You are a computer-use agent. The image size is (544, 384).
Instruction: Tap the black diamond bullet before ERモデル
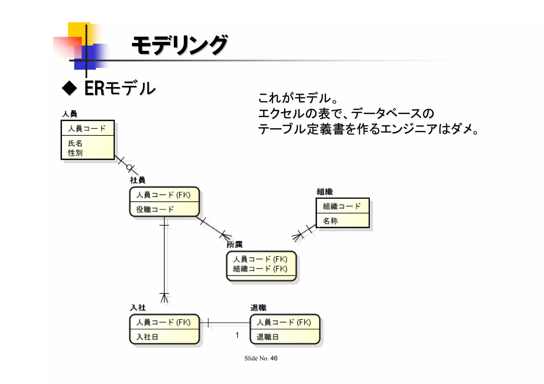pyautogui.click(x=69, y=88)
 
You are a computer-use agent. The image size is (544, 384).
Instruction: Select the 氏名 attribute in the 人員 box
pyautogui.click(x=75, y=143)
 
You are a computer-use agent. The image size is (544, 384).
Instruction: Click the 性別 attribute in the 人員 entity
pyautogui.click(x=75, y=153)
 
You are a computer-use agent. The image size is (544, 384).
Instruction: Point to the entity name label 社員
pyautogui.click(x=138, y=180)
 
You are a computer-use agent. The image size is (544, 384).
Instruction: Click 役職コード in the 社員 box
pyautogui.click(x=155, y=210)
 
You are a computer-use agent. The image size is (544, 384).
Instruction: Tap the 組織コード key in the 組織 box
pyautogui.click(x=342, y=206)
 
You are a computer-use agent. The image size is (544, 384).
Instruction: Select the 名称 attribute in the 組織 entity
pyautogui.click(x=330, y=221)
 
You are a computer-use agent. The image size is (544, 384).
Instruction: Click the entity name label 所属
pyautogui.click(x=235, y=245)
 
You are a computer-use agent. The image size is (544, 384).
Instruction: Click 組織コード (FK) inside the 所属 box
pyautogui.click(x=260, y=269)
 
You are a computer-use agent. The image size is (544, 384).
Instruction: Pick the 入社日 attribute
pyautogui.click(x=147, y=337)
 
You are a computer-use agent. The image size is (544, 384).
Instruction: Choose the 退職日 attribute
pyautogui.click(x=267, y=337)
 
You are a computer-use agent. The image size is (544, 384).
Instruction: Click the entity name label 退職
pyautogui.click(x=258, y=308)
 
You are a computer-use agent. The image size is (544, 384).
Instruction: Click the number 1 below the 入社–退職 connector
pyautogui.click(x=237, y=335)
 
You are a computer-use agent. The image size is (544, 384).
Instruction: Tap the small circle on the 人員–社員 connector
pyautogui.click(x=129, y=167)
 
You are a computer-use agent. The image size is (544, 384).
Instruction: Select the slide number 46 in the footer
pyautogui.click(x=274, y=358)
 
